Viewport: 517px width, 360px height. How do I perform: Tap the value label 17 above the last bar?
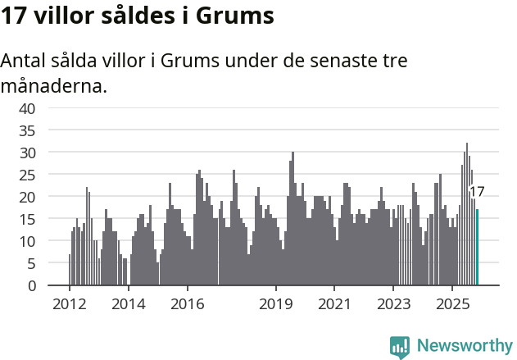(x=477, y=192)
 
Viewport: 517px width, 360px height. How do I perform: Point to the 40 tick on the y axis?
(x=27, y=108)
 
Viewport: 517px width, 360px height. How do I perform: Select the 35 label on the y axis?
(x=27, y=130)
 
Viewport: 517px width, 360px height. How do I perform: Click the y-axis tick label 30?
(x=27, y=153)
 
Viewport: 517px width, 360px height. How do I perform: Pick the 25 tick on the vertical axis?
(x=27, y=175)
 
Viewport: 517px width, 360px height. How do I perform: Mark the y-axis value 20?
(x=27, y=197)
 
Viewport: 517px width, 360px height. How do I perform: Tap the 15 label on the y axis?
(x=27, y=219)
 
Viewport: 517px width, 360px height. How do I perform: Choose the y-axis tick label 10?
(x=27, y=241)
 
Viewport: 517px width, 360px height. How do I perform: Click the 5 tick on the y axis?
(x=31, y=263)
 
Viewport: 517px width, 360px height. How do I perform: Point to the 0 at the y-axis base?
(x=31, y=285)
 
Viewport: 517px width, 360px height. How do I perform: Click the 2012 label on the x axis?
(x=69, y=304)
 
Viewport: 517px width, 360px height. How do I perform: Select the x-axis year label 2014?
(x=128, y=304)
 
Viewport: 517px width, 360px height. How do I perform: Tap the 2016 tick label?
(x=188, y=304)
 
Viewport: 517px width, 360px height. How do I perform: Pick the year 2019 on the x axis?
(x=276, y=304)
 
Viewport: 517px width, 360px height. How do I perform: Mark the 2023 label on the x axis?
(x=393, y=304)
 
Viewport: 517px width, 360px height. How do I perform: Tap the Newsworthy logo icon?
(x=400, y=347)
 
